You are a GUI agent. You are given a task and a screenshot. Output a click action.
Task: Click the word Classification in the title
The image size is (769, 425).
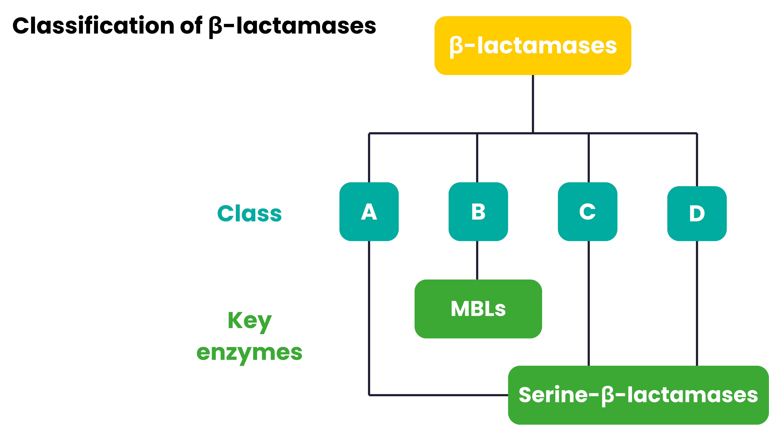93,26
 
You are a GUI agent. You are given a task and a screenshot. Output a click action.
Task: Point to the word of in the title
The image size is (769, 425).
191,26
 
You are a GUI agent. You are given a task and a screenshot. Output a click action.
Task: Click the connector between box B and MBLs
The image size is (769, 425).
477,260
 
